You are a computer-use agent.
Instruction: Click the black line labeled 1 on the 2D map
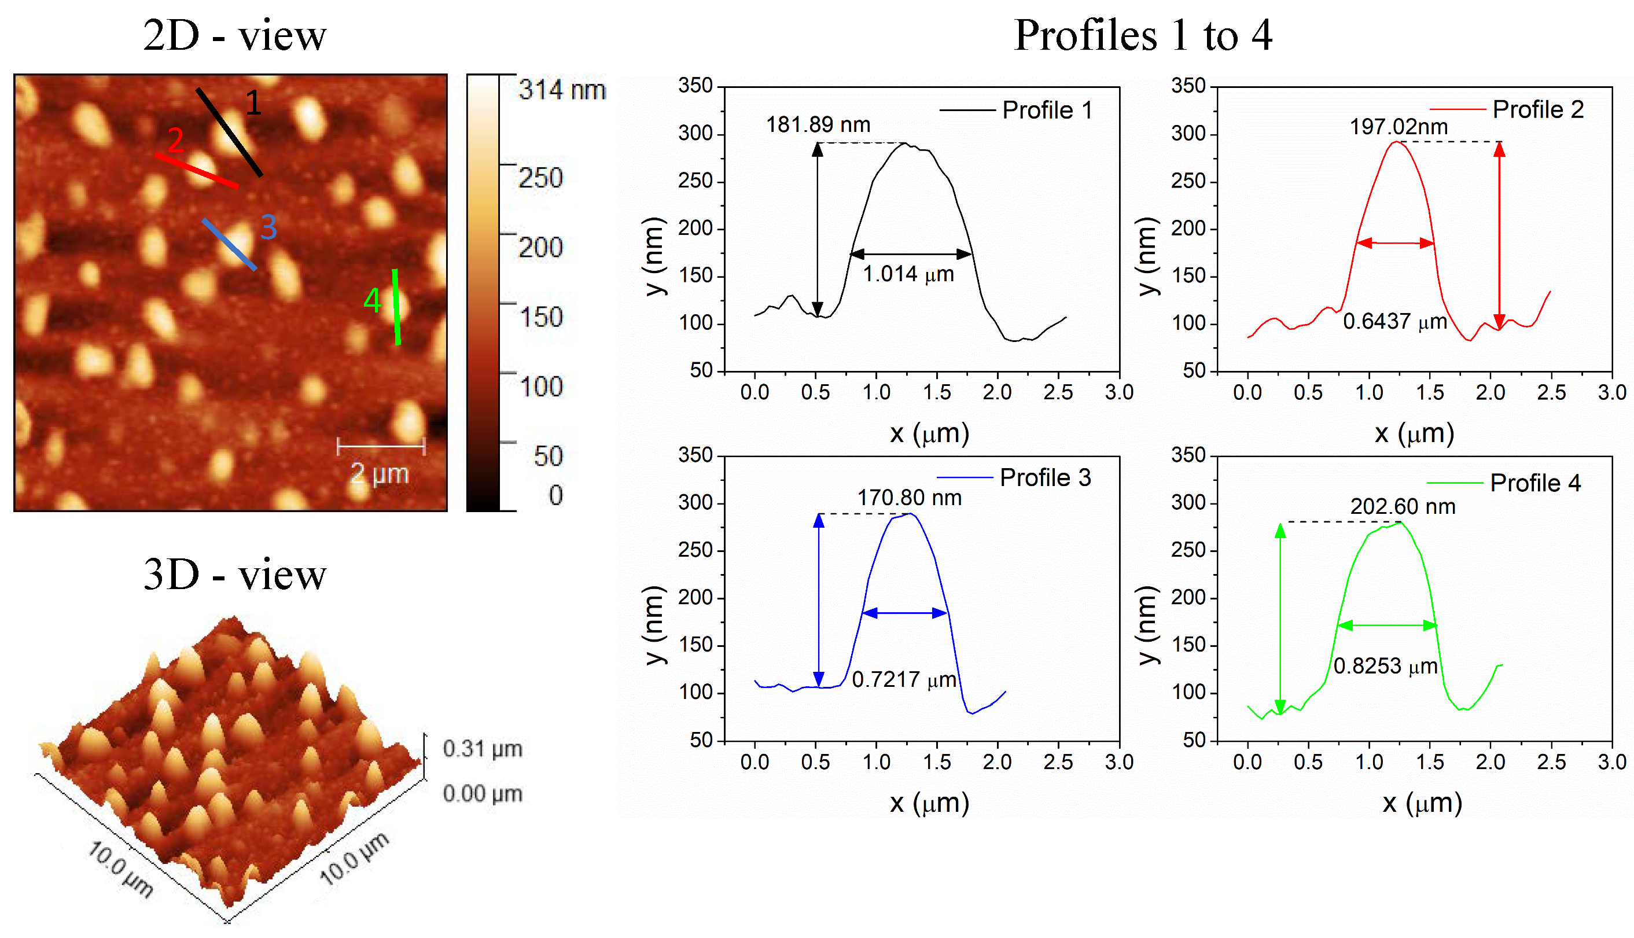click(229, 132)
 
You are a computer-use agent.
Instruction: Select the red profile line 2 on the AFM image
click(197, 170)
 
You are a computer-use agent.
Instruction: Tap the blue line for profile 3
click(229, 244)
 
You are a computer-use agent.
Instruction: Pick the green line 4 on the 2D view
click(396, 307)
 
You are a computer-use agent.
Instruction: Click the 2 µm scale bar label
click(380, 473)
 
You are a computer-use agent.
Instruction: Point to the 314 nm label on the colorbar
click(562, 90)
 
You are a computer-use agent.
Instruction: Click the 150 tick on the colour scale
click(541, 317)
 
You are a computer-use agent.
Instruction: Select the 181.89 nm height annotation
click(818, 124)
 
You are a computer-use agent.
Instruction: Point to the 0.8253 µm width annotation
click(1385, 665)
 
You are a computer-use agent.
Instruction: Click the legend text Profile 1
click(1047, 110)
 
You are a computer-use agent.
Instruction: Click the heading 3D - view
click(234, 574)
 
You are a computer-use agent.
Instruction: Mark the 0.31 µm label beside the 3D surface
click(482, 749)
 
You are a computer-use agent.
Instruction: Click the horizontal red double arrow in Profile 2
click(1394, 243)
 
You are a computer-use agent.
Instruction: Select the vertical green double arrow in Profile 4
click(1280, 619)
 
